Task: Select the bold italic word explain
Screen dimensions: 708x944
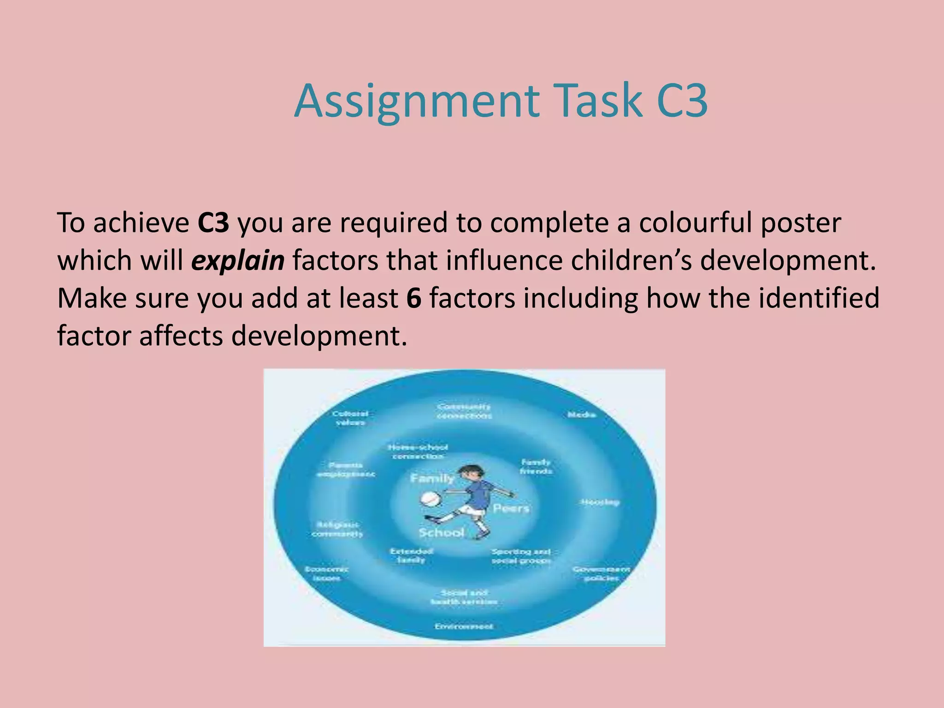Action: [238, 261]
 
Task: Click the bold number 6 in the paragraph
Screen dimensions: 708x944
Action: [413, 299]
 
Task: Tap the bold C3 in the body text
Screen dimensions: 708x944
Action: [213, 223]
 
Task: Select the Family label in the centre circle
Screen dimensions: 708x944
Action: [432, 478]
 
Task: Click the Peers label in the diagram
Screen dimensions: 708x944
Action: [511, 508]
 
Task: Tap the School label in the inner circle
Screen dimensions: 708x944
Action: [441, 533]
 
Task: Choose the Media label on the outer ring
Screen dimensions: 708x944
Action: [581, 415]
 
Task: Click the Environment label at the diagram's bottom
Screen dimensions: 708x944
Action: [464, 626]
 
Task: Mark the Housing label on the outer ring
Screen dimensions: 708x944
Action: [600, 502]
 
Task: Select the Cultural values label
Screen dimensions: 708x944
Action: [350, 418]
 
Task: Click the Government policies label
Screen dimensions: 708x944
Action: [601, 573]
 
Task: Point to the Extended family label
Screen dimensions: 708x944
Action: [411, 555]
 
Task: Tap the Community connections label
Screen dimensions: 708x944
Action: [464, 411]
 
